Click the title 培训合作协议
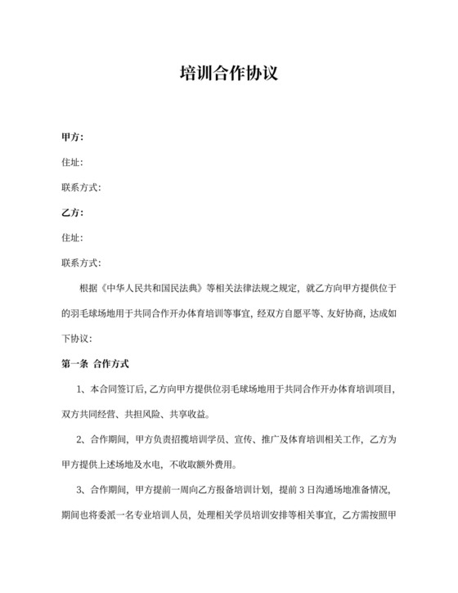click(229, 74)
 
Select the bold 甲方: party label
click(73, 137)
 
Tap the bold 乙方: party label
click(73, 213)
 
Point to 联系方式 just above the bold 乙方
click(81, 187)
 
